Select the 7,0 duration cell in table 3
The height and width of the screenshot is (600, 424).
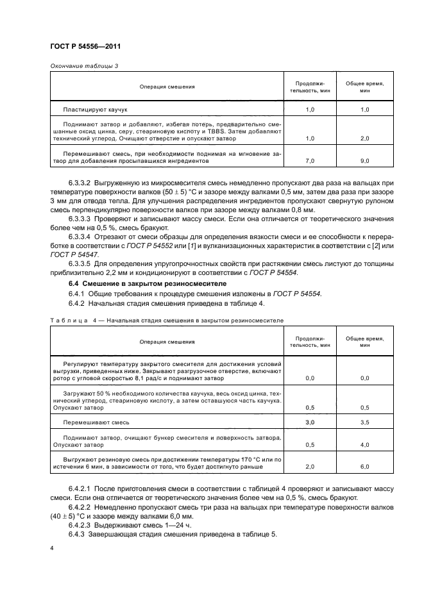point(310,162)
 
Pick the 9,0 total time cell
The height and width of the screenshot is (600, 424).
point(366,162)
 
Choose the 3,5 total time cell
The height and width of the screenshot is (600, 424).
point(366,422)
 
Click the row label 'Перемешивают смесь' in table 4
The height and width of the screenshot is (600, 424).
point(96,422)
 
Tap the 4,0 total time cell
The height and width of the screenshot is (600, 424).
point(366,444)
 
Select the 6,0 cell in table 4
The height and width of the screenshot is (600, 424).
point(366,467)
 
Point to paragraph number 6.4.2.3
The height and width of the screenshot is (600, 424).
point(81,523)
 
